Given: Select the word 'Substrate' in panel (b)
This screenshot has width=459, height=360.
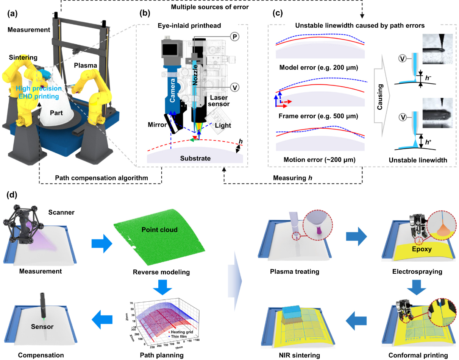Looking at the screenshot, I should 195,158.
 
